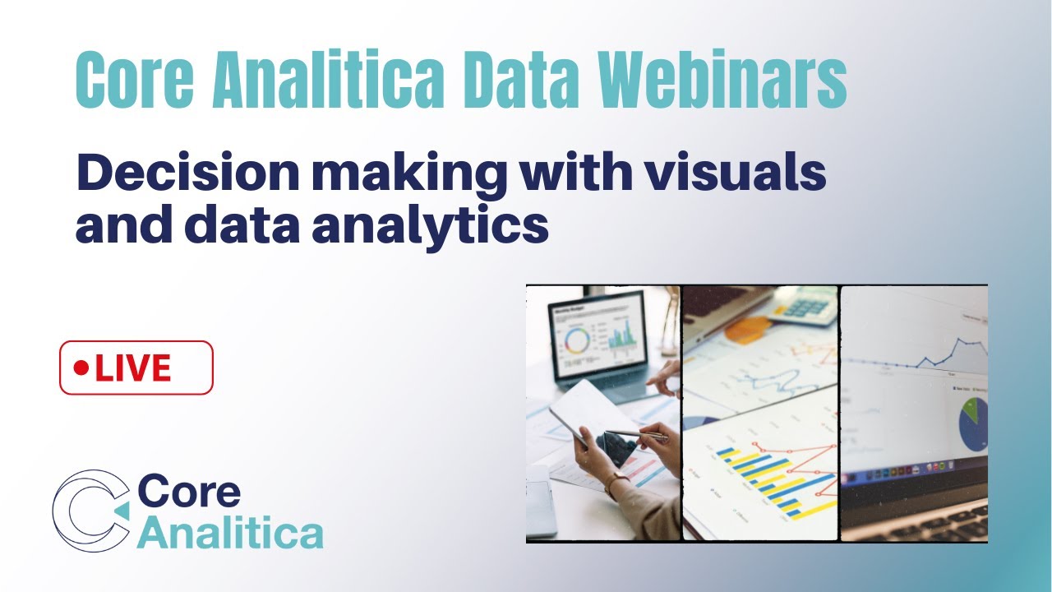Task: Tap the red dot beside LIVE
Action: point(81,368)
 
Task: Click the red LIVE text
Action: point(133,368)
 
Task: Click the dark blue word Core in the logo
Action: point(189,492)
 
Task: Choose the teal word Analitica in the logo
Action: point(230,533)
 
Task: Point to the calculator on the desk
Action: point(804,308)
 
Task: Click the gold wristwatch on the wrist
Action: point(616,483)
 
